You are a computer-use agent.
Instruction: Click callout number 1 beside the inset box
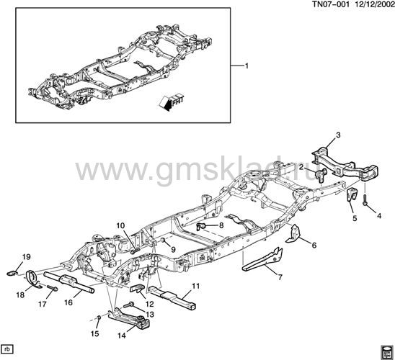click(x=247, y=66)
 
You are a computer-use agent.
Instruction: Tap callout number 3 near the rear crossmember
click(x=338, y=135)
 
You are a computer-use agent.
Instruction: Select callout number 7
click(x=280, y=277)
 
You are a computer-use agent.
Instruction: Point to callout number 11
click(x=196, y=286)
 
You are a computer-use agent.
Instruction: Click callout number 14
click(x=121, y=336)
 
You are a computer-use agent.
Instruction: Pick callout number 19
click(x=26, y=257)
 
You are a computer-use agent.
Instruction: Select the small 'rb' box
click(x=7, y=349)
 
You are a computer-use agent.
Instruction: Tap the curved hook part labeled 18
click(x=32, y=279)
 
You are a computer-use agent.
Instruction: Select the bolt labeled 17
click(x=53, y=288)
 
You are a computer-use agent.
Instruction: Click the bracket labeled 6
click(x=293, y=235)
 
